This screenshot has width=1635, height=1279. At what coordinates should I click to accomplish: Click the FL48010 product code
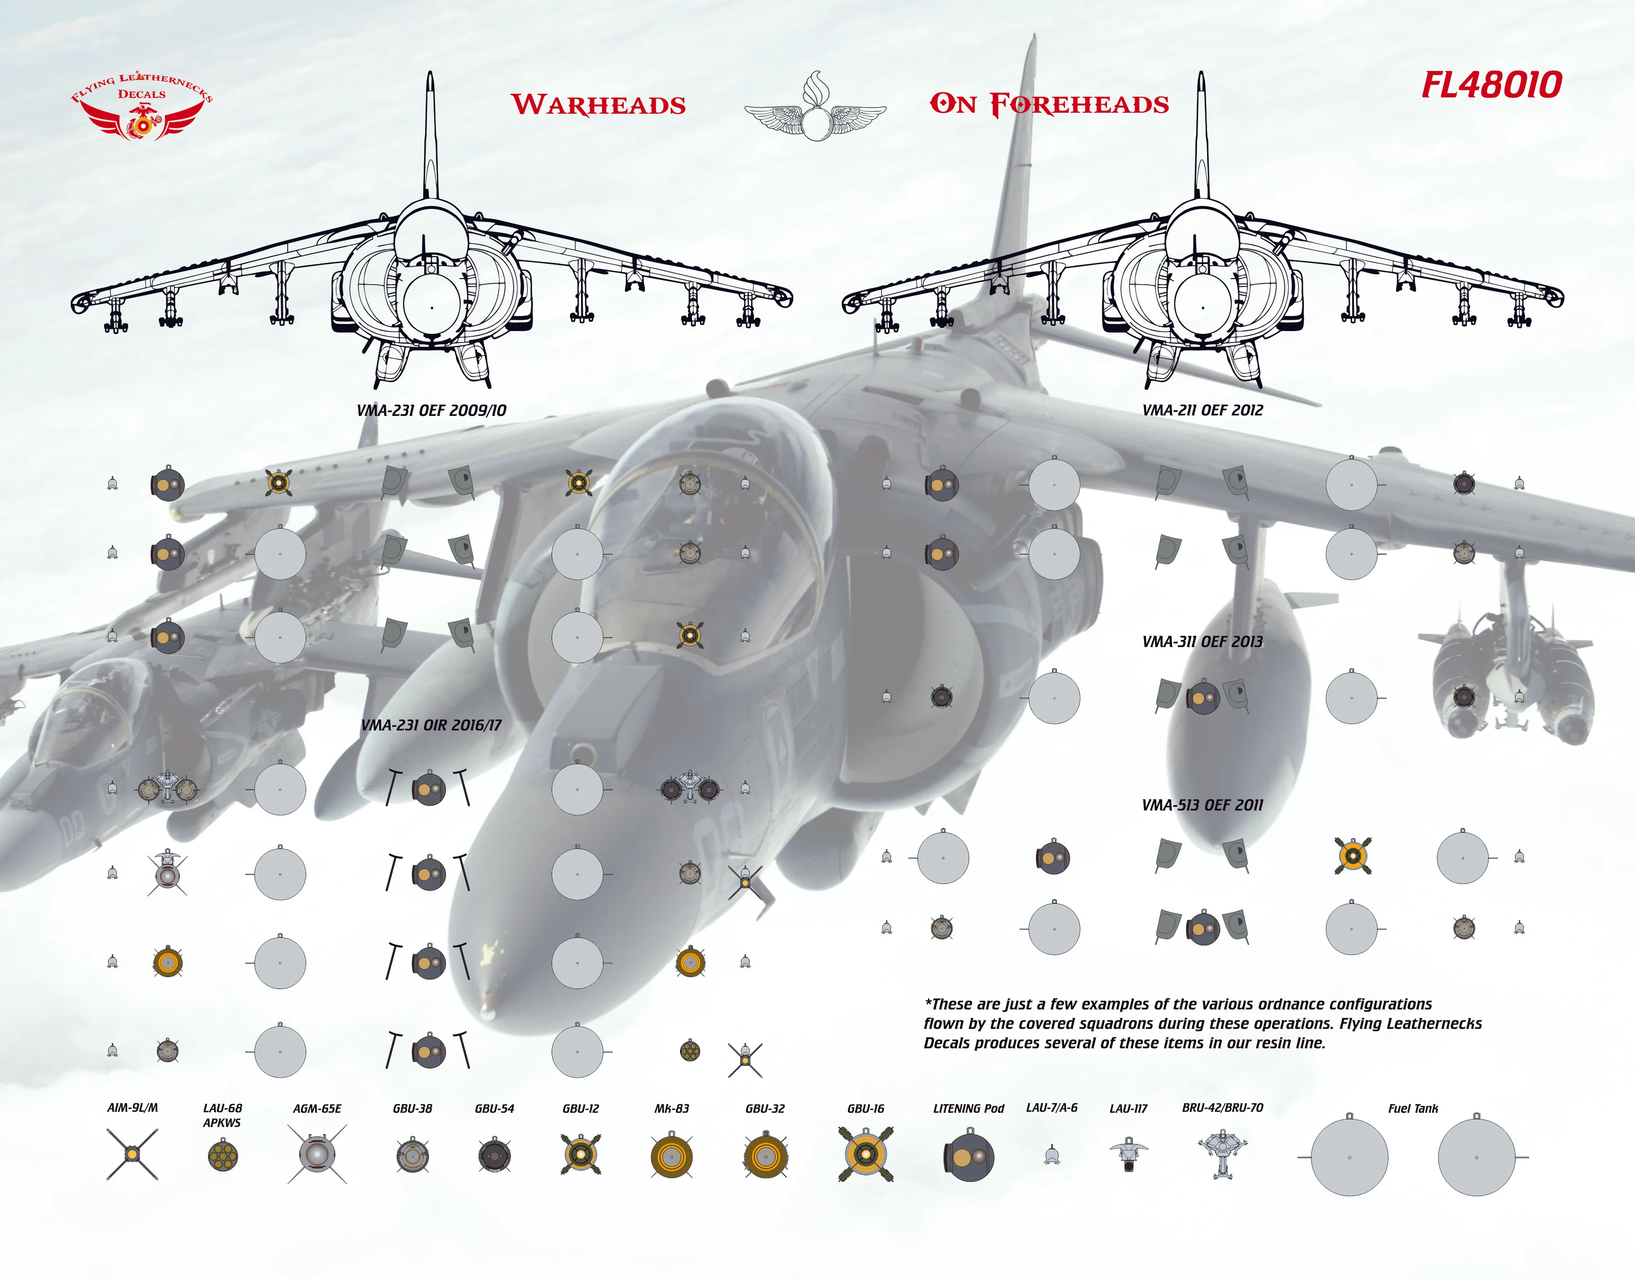(x=1491, y=85)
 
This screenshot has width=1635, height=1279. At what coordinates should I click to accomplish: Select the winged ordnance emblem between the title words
(x=815, y=108)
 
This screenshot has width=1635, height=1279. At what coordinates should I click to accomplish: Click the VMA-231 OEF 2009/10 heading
(x=431, y=410)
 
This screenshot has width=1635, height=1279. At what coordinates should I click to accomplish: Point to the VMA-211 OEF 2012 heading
(x=1202, y=410)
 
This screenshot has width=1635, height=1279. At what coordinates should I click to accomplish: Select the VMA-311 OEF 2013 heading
(x=1202, y=642)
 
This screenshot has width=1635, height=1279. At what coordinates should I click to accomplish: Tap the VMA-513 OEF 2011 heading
(x=1202, y=805)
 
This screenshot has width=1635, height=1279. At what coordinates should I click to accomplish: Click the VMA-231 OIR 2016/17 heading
(x=431, y=725)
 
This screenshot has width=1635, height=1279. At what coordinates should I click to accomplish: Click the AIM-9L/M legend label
(x=133, y=1108)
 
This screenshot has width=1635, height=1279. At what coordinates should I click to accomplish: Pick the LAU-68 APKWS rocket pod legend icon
(x=222, y=1155)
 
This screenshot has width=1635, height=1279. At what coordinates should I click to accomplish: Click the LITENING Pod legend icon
(x=968, y=1157)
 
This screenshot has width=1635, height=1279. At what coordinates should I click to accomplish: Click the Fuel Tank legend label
(x=1413, y=1108)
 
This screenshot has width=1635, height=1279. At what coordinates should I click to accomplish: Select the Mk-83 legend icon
(x=671, y=1157)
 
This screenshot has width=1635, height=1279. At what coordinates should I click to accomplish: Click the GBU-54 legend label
(x=494, y=1108)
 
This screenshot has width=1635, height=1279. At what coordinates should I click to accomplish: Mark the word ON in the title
(x=954, y=104)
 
